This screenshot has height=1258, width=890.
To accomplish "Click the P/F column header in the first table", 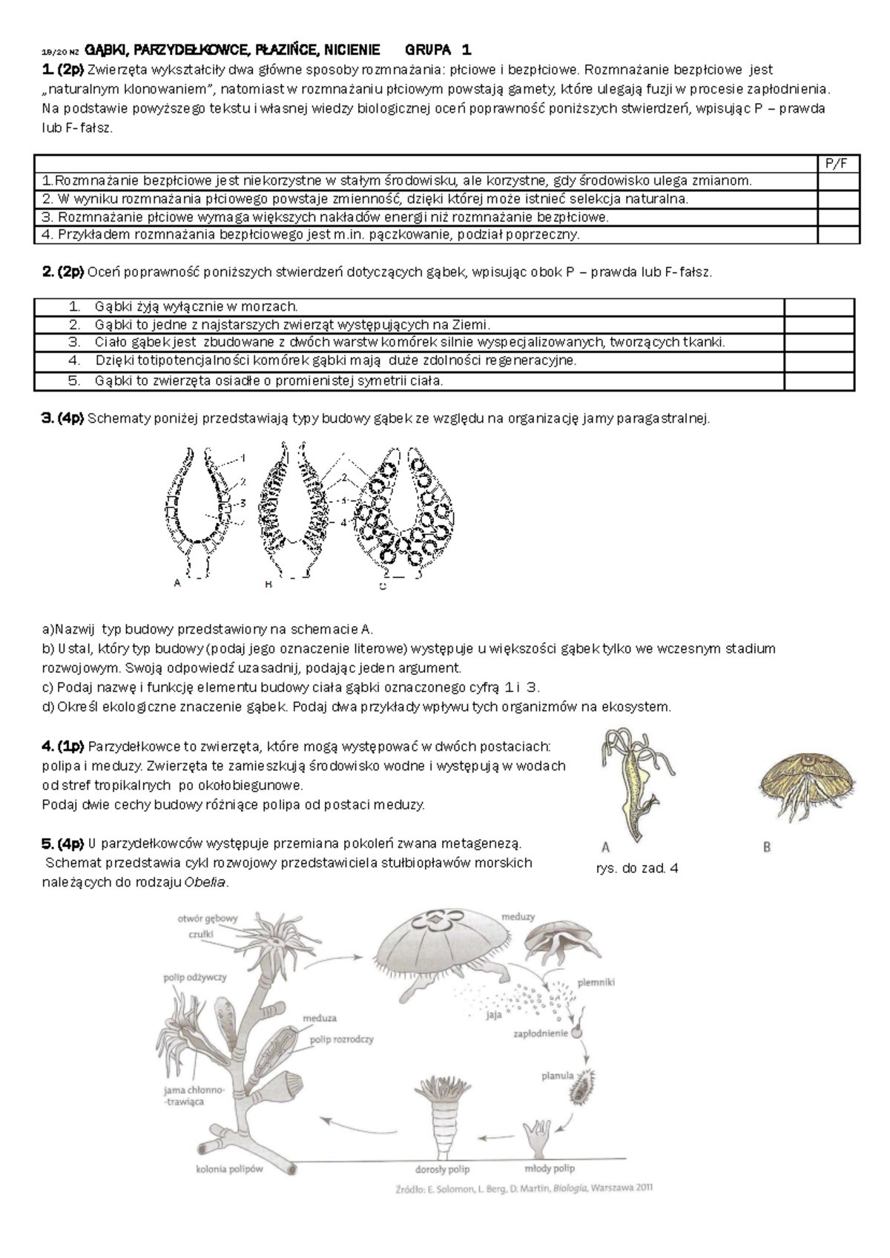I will [837, 164].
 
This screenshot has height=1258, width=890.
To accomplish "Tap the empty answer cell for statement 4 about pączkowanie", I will [837, 235].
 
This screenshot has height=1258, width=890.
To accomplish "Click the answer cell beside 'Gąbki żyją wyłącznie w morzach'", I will [819, 307].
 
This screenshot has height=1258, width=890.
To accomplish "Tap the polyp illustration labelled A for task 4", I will [631, 779].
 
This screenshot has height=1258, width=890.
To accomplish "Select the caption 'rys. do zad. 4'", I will [636, 868].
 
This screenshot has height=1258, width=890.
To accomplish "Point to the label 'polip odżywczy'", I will [195, 978].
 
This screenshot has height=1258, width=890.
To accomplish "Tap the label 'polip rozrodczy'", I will [341, 1039].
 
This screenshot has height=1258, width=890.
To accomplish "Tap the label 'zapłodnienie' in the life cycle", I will [540, 1033].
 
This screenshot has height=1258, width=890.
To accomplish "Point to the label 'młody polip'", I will [550, 1168].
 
